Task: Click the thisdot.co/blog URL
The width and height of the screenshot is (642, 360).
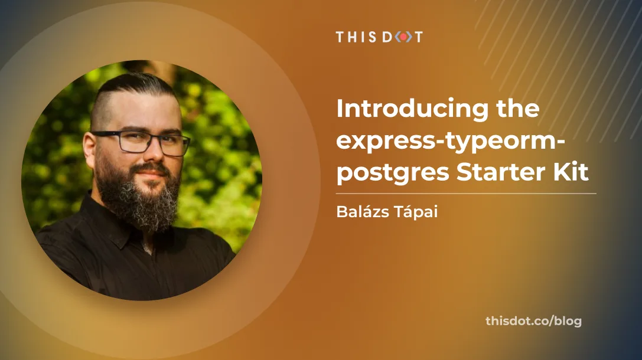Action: [x=533, y=321]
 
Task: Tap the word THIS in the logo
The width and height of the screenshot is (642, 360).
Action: [x=357, y=37]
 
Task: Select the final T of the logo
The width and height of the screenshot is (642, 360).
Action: [x=418, y=37]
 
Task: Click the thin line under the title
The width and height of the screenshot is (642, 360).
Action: [x=466, y=193]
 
